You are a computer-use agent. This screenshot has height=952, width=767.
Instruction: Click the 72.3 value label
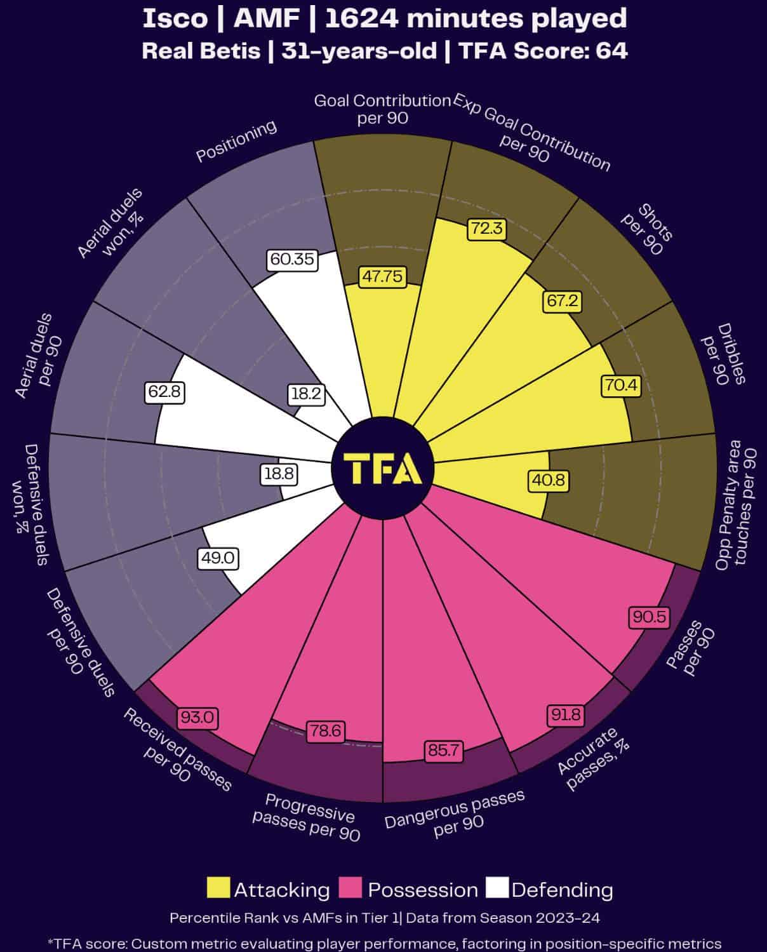487,229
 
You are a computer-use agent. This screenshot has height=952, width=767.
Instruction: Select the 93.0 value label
197,718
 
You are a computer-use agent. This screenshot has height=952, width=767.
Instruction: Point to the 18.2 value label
306,394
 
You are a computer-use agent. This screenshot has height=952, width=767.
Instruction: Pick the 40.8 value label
547,480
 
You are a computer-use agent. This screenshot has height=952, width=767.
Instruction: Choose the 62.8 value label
164,392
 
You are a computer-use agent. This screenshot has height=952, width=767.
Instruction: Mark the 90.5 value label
649,617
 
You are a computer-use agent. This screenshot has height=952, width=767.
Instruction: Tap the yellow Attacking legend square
218,888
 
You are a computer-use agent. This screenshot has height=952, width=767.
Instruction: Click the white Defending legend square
497,888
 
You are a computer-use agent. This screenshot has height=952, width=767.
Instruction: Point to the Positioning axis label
236,140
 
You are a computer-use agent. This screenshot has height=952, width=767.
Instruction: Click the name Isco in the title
175,18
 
